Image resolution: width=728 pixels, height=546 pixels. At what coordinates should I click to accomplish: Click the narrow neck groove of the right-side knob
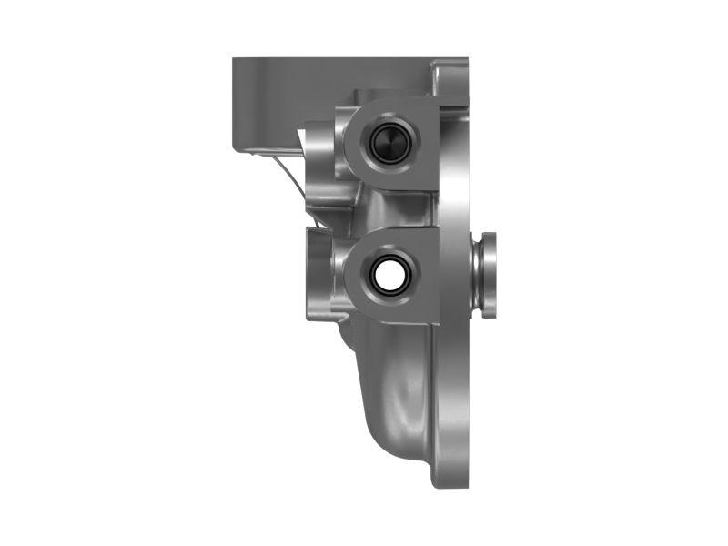click(475, 275)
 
